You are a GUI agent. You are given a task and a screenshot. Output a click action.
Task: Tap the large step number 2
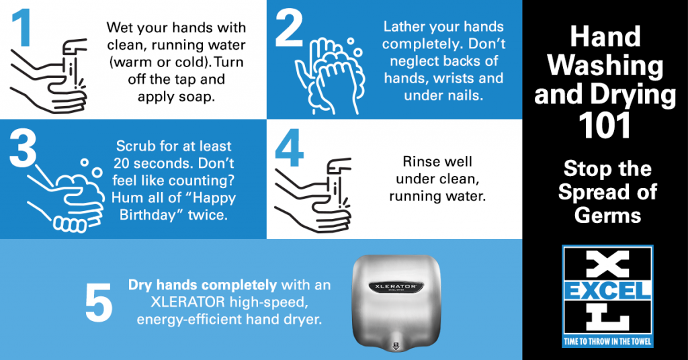click(x=289, y=30)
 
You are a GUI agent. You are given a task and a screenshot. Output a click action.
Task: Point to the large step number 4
click(x=290, y=148)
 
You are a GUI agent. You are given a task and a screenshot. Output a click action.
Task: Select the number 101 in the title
click(x=604, y=125)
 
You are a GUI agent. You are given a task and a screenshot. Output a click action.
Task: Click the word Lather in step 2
click(x=404, y=27)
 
